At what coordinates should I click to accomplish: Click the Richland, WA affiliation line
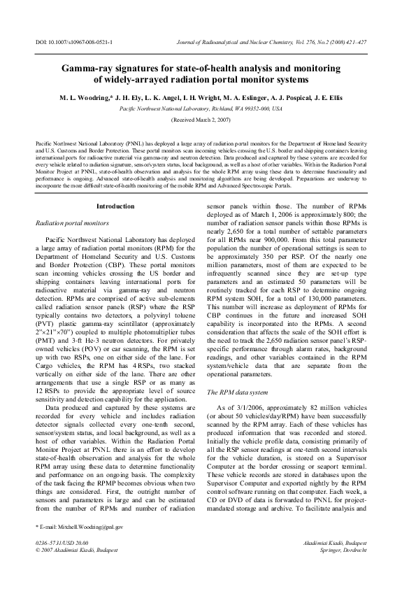click(x=201, y=109)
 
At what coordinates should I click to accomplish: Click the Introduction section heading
click(x=115, y=206)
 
